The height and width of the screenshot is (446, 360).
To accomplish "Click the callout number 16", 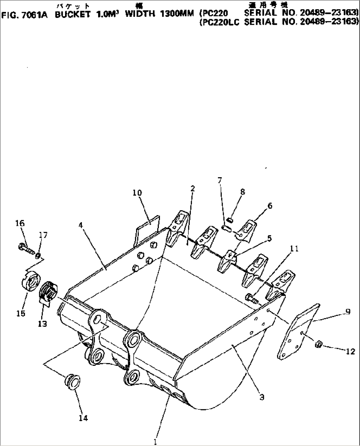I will (x=20, y=223).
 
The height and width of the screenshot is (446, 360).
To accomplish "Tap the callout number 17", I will (x=43, y=235).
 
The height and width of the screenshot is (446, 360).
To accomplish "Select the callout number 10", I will (x=137, y=192).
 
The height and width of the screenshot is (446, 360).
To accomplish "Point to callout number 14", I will (x=83, y=418).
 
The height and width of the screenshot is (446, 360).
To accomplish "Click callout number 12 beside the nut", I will (x=350, y=351).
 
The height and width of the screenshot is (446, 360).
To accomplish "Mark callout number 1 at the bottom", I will (x=155, y=441).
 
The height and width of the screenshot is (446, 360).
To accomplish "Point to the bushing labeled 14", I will (x=72, y=381).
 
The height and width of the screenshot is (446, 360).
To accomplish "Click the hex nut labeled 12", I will (x=319, y=344).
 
